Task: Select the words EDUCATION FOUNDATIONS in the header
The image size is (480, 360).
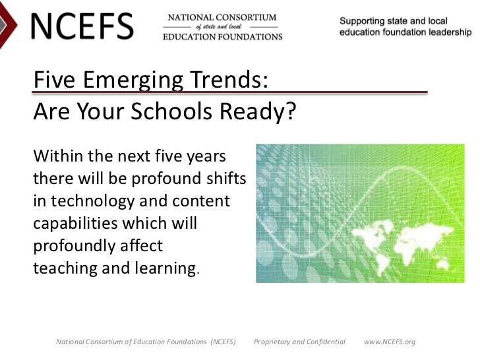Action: [x=223, y=37]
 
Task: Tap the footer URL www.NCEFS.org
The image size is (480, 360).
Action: [x=390, y=342]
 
